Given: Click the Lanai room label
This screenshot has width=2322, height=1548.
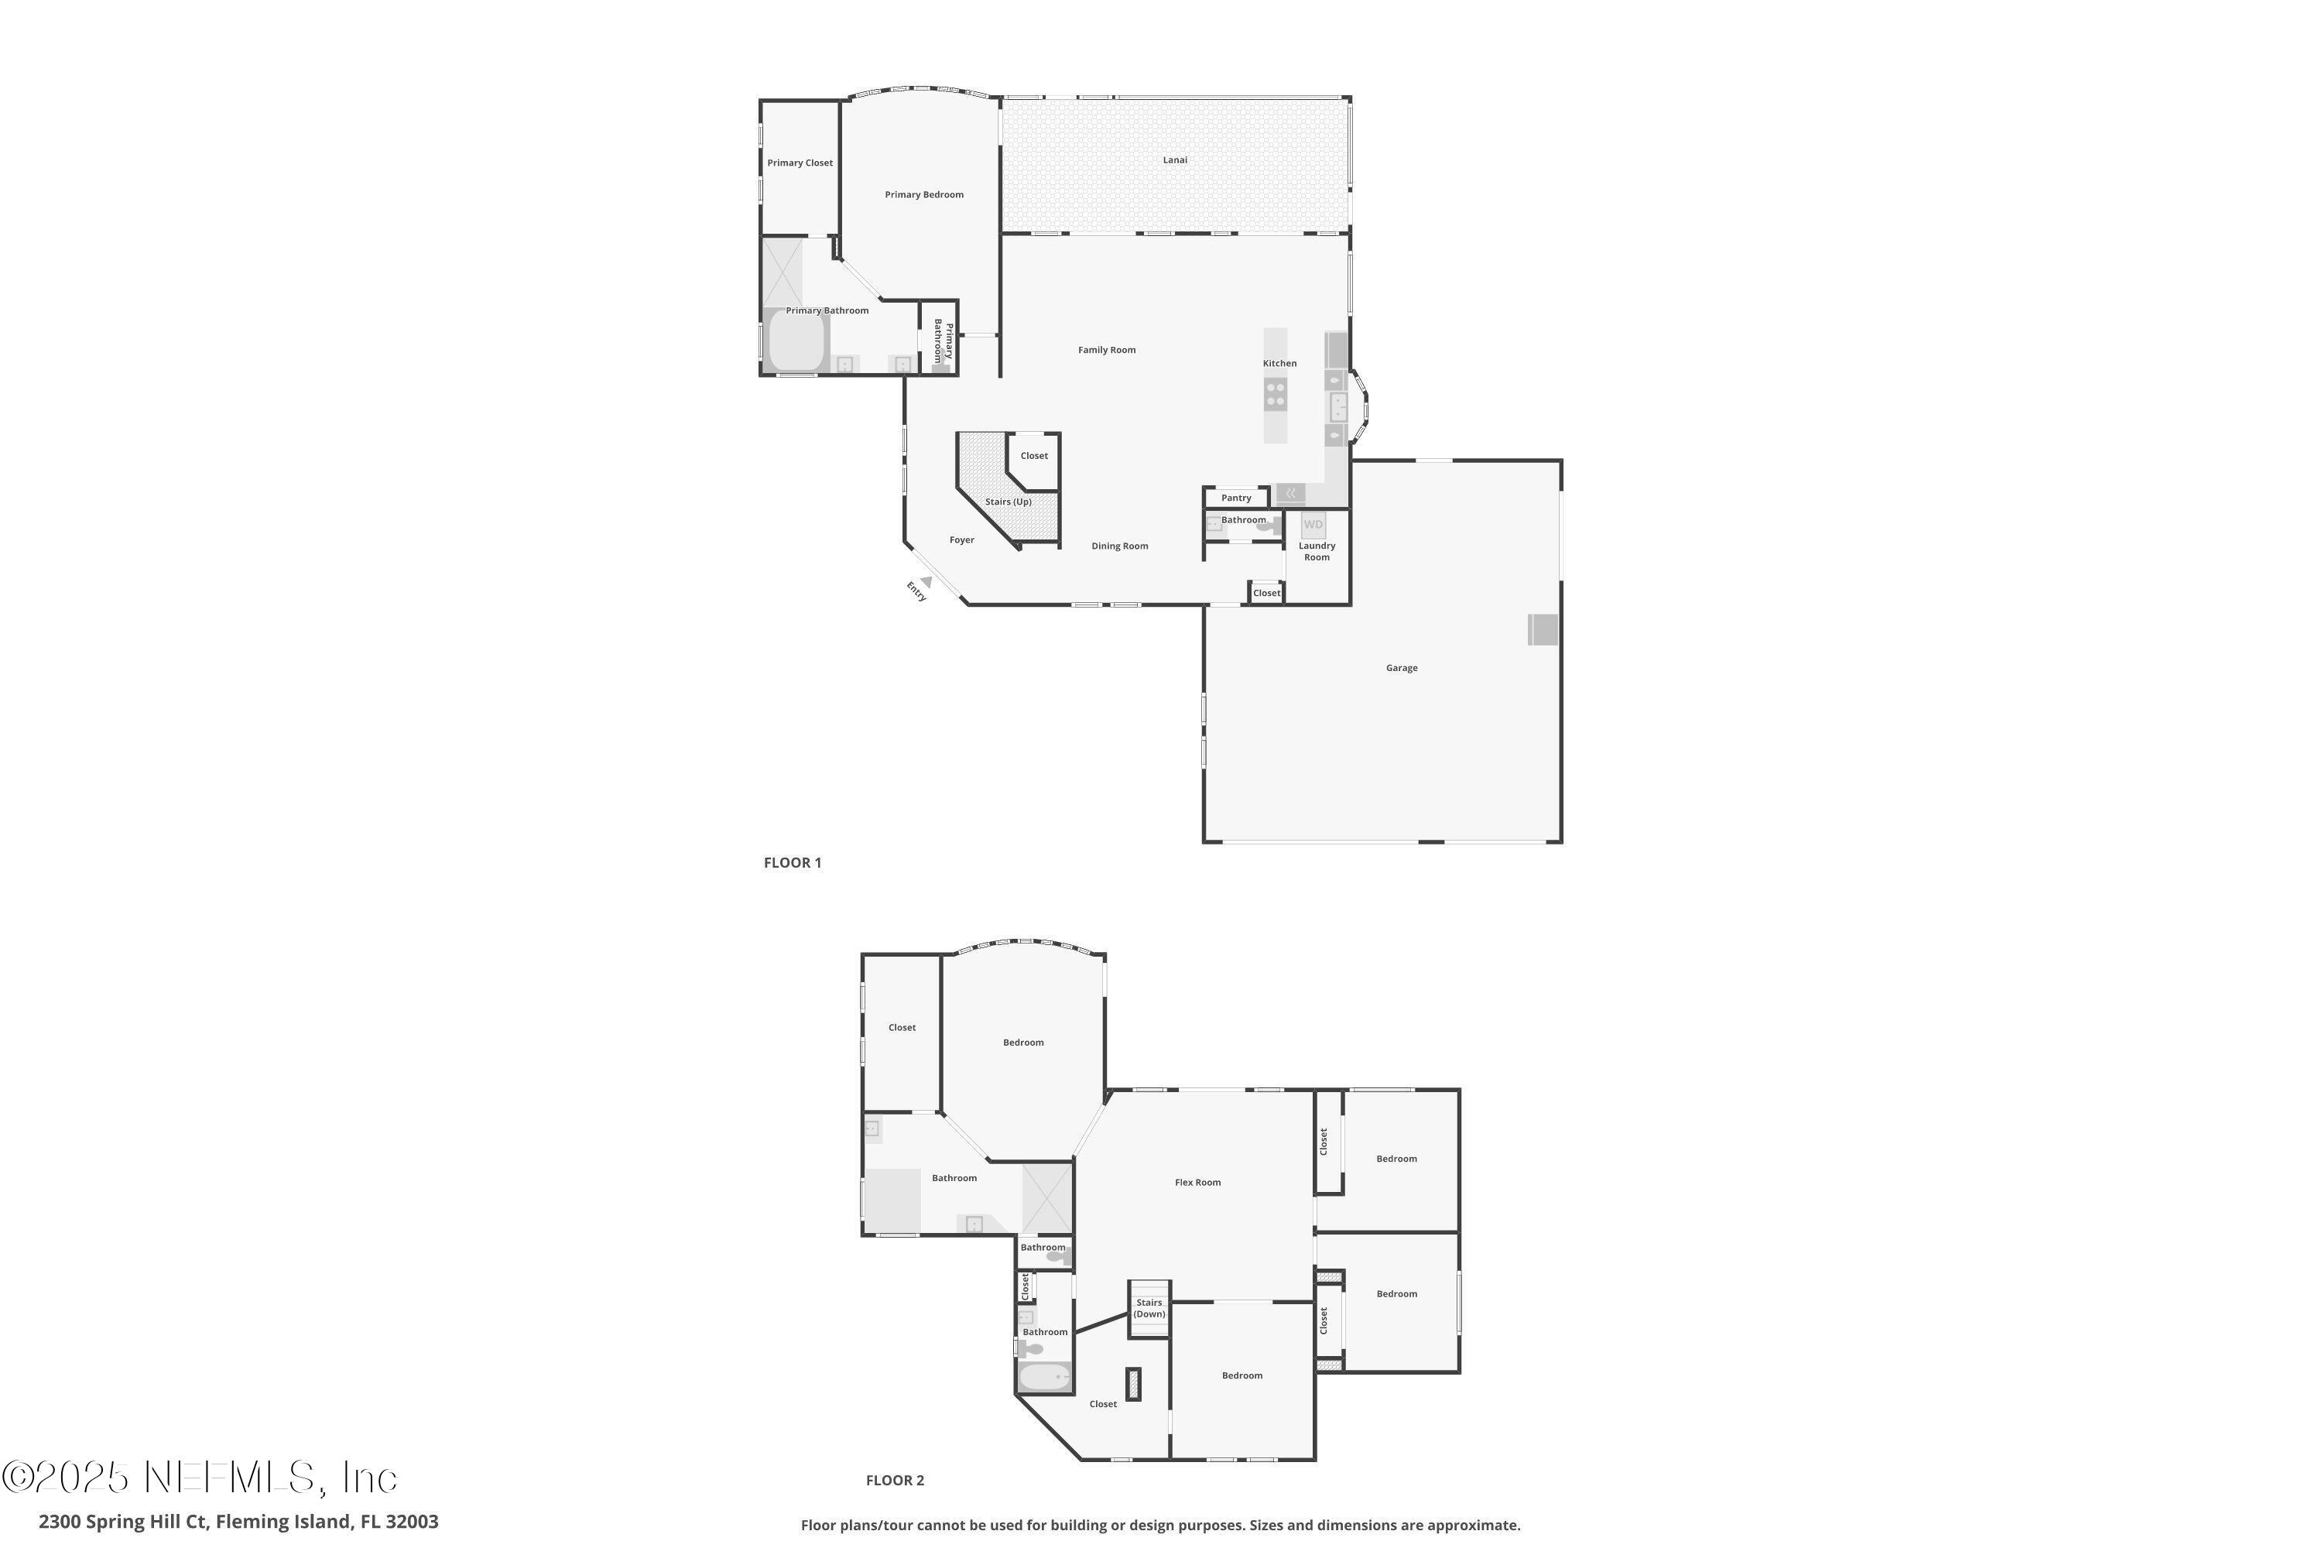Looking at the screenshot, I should point(1174,160).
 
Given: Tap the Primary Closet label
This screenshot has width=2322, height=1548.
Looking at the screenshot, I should point(800,163).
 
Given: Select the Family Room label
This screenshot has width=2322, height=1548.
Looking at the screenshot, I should point(1106,350).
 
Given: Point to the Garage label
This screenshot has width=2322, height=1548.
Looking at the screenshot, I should point(1401,669).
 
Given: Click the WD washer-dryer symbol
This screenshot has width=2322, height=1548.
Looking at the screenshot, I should point(1313,524).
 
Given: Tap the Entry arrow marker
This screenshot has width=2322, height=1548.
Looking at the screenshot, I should point(925,583).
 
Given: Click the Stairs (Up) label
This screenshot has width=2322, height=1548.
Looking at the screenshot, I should point(1008,502).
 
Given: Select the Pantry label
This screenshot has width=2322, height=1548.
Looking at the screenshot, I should point(1235,498).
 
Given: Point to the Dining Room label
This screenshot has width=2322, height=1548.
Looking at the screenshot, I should point(1119,546).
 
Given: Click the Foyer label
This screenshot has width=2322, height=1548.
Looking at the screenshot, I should point(961,540).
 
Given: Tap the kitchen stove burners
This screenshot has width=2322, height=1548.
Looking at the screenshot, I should point(1276,395).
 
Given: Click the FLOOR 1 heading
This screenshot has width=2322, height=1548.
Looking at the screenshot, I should point(792,863).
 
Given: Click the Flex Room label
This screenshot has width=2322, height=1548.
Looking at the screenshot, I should point(1197,1182).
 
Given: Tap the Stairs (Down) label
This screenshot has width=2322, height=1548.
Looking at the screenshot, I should point(1149,1308).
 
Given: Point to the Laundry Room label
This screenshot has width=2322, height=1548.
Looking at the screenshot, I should point(1317,551).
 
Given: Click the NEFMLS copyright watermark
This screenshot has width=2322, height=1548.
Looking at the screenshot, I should point(200,1478).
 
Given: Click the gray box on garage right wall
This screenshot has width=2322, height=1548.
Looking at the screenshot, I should point(1543,630).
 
